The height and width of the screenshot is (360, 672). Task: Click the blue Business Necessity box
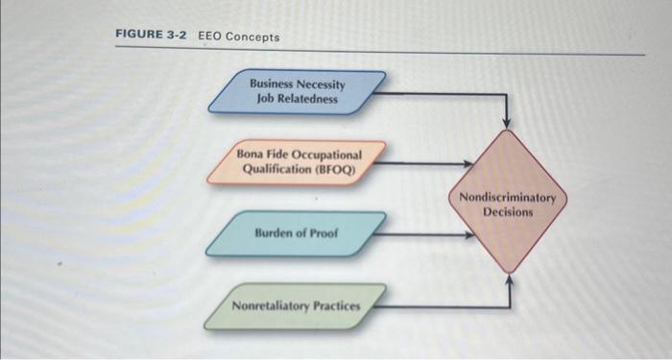(x=297, y=90)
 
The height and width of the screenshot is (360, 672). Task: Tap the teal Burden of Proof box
(x=297, y=233)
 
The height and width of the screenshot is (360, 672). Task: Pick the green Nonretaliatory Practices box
(x=297, y=305)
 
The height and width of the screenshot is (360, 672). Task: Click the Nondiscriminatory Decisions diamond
(x=508, y=202)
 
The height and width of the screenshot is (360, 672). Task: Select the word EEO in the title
(x=210, y=36)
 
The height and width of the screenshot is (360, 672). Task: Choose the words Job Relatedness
(x=297, y=98)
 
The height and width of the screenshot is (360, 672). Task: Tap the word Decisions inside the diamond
(x=508, y=211)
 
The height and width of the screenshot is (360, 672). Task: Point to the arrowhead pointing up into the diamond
(x=508, y=280)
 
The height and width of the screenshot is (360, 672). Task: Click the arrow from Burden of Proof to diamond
(x=422, y=233)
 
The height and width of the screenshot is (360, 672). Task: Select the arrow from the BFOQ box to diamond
(x=422, y=162)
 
